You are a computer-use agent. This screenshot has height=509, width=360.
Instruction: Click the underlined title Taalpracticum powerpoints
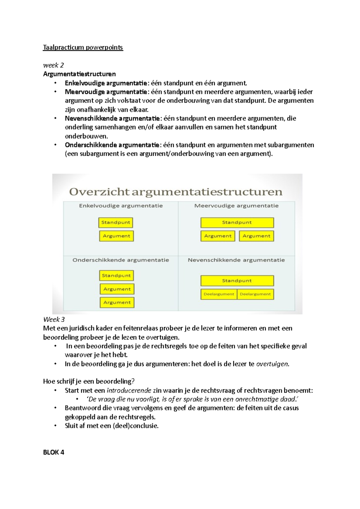83,47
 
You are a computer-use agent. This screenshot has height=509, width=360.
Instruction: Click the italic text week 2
53,65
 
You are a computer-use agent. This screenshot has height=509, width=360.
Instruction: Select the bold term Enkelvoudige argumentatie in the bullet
106,83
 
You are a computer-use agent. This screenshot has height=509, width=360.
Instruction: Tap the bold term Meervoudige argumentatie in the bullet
106,92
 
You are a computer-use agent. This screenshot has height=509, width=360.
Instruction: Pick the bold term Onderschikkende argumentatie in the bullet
112,145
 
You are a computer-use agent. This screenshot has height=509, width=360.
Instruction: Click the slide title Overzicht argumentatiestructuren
176,192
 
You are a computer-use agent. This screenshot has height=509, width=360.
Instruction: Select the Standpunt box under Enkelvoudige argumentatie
115,222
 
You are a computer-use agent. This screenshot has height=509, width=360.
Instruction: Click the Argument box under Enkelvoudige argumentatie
116,236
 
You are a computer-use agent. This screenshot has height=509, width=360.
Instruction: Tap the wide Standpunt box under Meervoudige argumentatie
237,222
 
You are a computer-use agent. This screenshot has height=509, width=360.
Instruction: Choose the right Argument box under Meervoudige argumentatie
256,236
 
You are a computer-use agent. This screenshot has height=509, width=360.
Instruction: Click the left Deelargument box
219,294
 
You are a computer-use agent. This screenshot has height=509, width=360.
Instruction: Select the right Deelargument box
255,294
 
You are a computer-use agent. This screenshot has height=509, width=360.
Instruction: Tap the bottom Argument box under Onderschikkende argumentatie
117,302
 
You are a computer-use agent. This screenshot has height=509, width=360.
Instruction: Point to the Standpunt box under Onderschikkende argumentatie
116,275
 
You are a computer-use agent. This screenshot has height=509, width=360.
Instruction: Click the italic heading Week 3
54,320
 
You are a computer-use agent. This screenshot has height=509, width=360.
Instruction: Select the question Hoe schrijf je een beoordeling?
89,381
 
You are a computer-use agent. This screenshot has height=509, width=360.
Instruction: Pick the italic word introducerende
129,390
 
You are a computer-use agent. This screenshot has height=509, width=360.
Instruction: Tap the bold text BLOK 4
54,452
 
